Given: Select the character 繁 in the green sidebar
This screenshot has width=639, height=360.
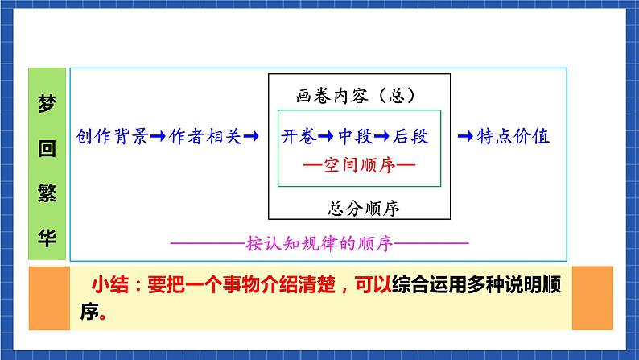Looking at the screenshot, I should tap(47, 192).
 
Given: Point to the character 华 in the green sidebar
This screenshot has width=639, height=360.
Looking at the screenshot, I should tap(47, 237).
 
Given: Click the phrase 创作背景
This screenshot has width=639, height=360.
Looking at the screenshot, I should tap(112, 137).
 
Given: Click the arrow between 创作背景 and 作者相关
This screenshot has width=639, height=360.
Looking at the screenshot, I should tap(158, 137).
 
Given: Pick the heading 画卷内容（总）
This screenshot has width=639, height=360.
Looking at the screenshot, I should tap(358, 95).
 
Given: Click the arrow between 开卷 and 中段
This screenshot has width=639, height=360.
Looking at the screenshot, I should tap(327, 137).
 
